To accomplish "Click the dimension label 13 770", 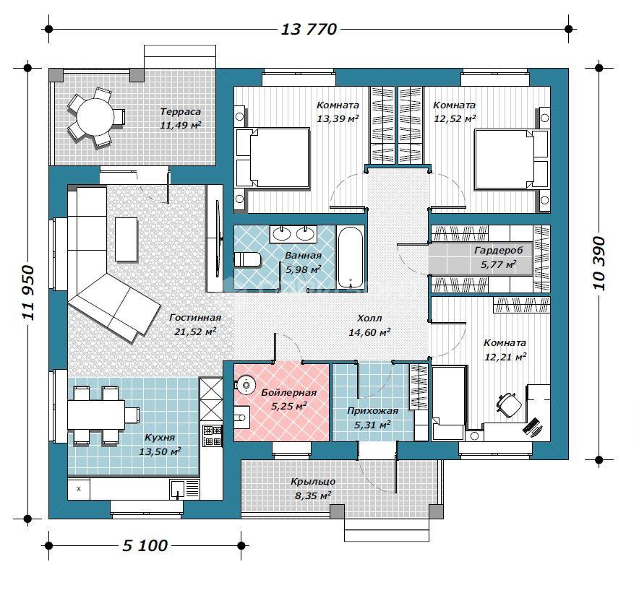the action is tap(309, 30).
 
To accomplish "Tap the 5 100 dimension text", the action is tap(145, 545).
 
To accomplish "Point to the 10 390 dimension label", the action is tap(599, 264).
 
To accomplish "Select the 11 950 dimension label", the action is tap(27, 293).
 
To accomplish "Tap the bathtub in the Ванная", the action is tap(350, 257).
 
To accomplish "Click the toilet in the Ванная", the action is tap(247, 259).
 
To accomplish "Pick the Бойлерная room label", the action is tap(288, 393).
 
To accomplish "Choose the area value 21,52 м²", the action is tap(194, 332).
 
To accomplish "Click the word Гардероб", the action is tap(498, 250).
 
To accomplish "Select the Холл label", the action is tap(369, 318).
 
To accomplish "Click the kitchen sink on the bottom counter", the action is tap(177, 488).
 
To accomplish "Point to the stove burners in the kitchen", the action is tap(213, 436).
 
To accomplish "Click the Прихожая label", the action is tap(372, 411).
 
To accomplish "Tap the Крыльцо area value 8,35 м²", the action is tap(312, 495).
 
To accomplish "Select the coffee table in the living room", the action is tap(126, 239).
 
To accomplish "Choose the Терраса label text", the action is tap(181, 112).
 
